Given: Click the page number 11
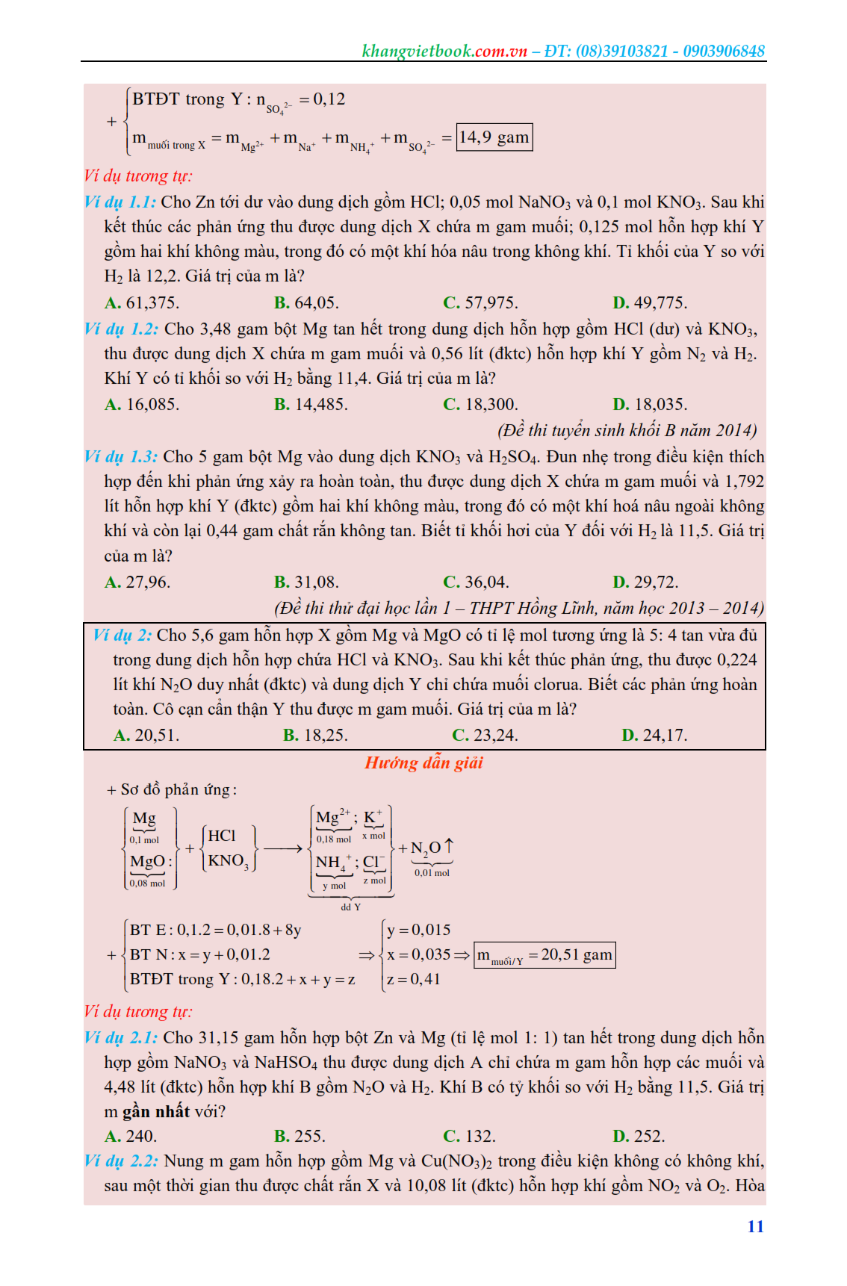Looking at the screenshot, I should tap(755, 1226).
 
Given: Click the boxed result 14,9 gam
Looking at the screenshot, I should tap(494, 137).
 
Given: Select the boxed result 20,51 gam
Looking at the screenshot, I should tap(544, 955).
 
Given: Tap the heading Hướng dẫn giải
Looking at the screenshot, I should tap(423, 762).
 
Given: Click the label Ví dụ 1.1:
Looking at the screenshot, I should tap(120, 202).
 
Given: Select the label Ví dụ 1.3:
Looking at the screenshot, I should tap(121, 457).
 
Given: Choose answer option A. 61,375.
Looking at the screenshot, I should tap(142, 303).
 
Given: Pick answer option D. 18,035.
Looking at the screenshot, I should tap(650, 405).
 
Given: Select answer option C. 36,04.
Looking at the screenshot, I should tap(476, 583).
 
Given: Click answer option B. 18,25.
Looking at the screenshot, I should tap(315, 736).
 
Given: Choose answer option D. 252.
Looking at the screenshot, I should tap(639, 1137).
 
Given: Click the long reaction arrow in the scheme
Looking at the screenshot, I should tap(283, 848).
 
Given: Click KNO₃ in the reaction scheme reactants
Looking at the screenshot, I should tap(228, 861).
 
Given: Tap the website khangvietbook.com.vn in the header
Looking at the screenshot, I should tap(444, 52).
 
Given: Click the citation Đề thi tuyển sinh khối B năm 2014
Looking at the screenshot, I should tap(627, 431).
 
